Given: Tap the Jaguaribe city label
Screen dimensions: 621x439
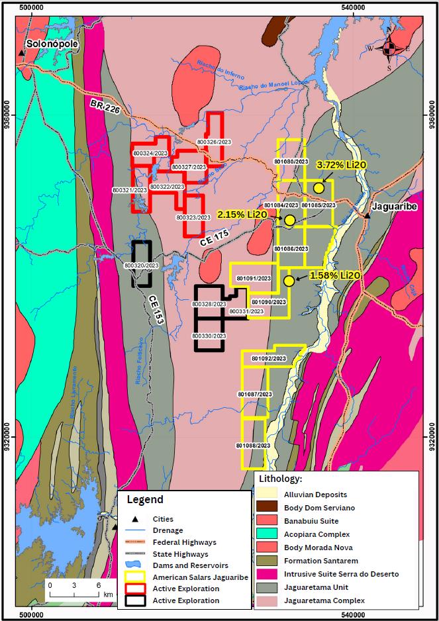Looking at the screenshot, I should click(394, 207).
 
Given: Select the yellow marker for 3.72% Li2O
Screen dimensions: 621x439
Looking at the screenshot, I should click(318, 188).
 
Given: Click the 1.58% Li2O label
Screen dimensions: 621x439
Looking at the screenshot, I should click(335, 275).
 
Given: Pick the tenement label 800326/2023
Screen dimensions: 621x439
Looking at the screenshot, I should click(215, 142).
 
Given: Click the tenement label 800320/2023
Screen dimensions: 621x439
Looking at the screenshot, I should click(142, 265).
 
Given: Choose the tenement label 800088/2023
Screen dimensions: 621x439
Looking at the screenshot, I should click(254, 446).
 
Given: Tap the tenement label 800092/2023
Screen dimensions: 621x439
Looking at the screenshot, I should click(268, 358).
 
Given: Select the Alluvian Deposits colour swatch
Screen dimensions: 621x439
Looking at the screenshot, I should click(273, 495).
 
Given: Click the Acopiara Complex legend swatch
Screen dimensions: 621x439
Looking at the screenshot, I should click(273, 534).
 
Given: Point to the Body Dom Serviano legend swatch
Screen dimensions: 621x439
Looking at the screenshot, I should click(273, 507).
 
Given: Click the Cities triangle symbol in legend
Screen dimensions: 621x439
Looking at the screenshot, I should click(135, 519).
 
